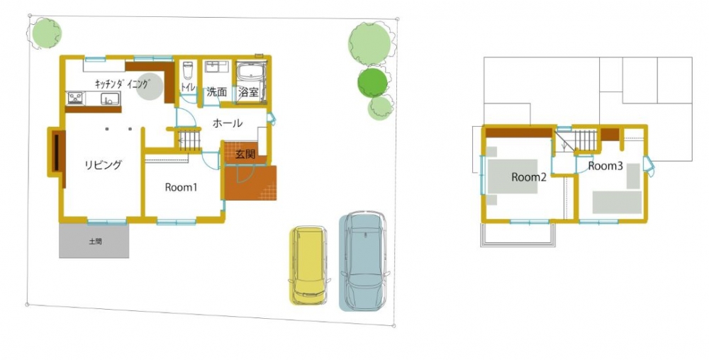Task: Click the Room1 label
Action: click(x=181, y=187)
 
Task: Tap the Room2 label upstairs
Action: click(x=529, y=177)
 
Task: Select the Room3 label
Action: click(x=605, y=167)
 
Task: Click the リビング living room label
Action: click(x=104, y=165)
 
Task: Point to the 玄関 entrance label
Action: click(x=245, y=154)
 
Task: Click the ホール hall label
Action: click(x=228, y=123)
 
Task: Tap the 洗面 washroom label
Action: click(x=216, y=92)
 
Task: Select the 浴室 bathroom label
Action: click(x=248, y=93)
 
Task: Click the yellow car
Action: click(x=308, y=266)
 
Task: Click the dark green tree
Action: click(x=373, y=82)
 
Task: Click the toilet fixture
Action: click(x=188, y=71)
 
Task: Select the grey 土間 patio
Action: click(x=94, y=241)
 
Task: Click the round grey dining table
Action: click(x=150, y=86)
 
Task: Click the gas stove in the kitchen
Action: click(x=75, y=99)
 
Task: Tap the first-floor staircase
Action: click(x=190, y=140)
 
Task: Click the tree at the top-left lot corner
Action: click(x=45, y=33)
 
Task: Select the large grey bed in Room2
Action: click(x=513, y=176)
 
